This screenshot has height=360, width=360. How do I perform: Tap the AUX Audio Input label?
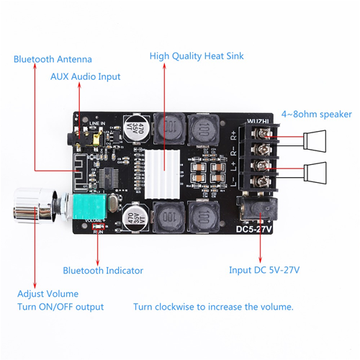click(85, 76)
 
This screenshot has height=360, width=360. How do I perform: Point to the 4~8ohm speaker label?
click(316, 113)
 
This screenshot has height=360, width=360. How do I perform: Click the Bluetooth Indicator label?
click(102, 271)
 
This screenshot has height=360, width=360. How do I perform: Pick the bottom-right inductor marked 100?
click(204, 216)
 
